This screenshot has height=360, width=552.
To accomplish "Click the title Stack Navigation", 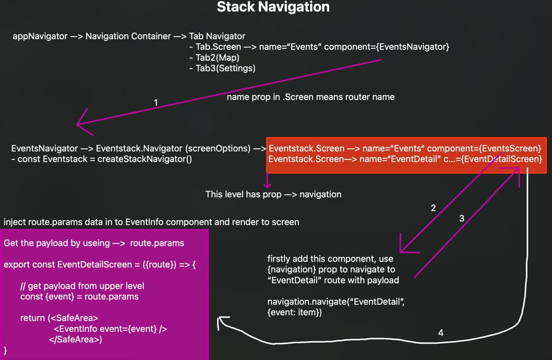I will click(x=273, y=7).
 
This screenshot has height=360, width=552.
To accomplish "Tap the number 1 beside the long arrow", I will click(x=156, y=103).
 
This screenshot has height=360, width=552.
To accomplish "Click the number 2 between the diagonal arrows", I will click(x=433, y=208).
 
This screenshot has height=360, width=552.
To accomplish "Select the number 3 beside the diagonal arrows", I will click(x=461, y=218).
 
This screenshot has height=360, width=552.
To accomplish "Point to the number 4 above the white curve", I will click(x=441, y=333).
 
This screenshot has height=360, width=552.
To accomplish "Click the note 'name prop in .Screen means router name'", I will click(x=310, y=97).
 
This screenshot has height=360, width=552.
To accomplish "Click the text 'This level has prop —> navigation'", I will click(x=273, y=194).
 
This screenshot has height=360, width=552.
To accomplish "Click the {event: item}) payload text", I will click(x=294, y=312).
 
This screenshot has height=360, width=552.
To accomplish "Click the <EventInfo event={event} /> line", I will click(x=110, y=329).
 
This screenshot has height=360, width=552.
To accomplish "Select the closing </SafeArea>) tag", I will click(x=75, y=339).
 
